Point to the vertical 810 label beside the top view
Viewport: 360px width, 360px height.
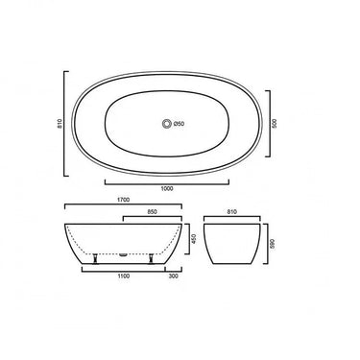(58, 124)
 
